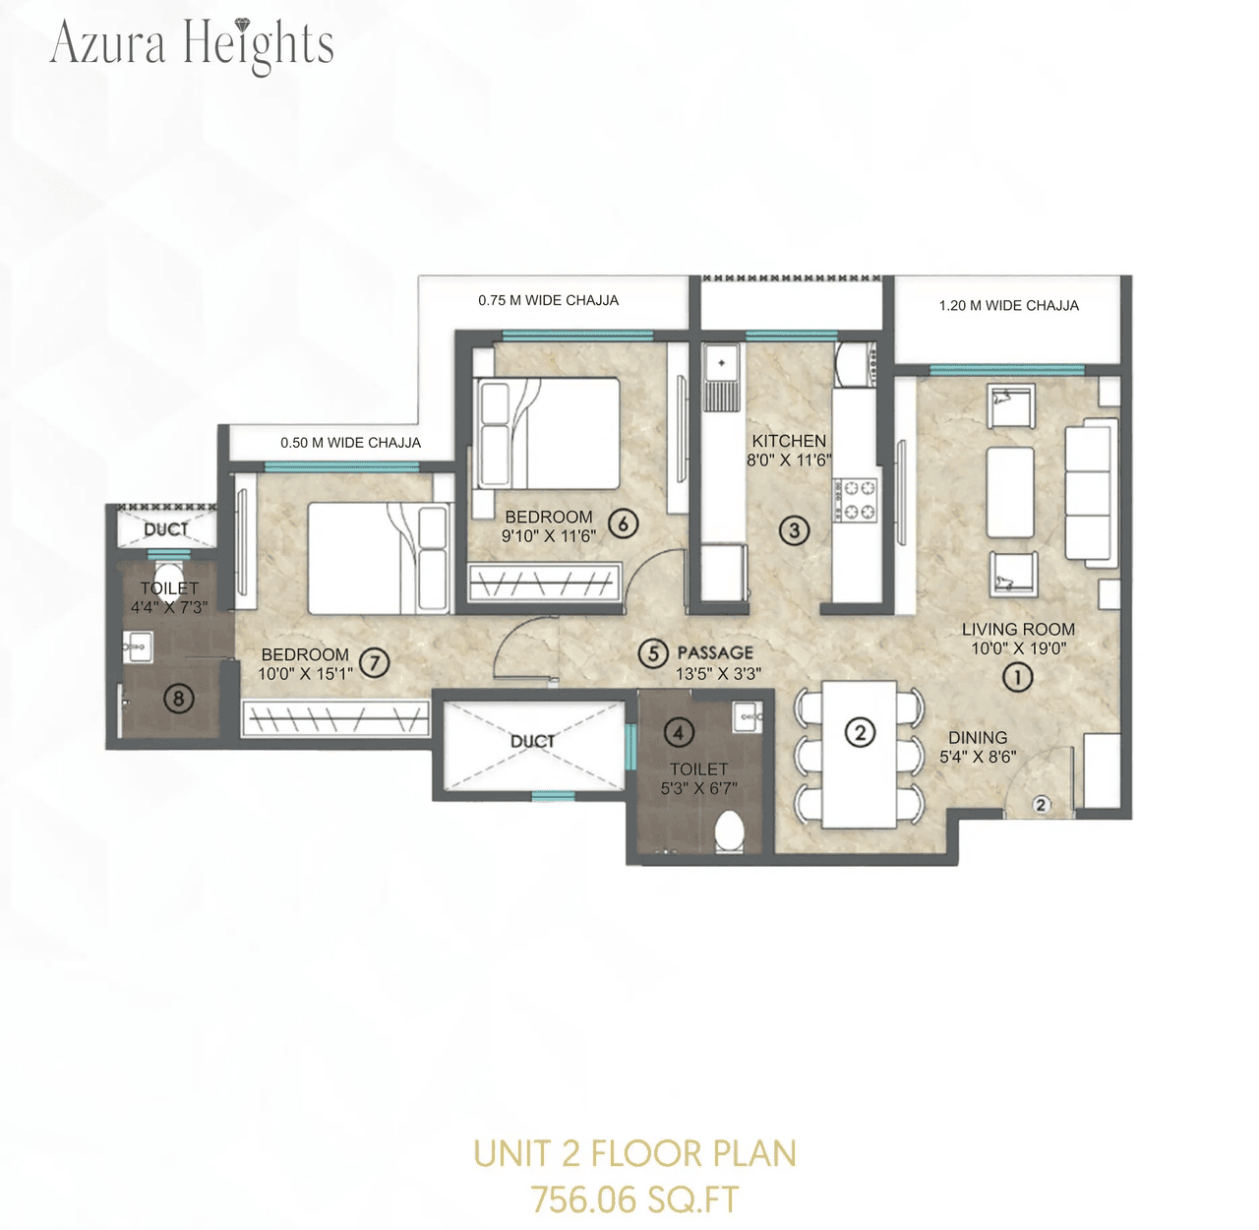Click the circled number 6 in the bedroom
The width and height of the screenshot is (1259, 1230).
(x=623, y=523)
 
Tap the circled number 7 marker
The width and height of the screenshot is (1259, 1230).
(x=374, y=662)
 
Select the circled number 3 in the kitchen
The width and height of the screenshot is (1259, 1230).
(x=794, y=530)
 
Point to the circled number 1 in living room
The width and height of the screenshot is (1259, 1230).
(x=1017, y=676)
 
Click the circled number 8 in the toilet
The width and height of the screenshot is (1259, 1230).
(x=178, y=699)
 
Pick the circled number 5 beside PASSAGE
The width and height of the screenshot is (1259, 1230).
(x=652, y=652)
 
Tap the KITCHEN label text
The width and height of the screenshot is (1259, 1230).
(x=789, y=441)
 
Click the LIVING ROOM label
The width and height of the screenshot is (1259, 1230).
(x=1018, y=629)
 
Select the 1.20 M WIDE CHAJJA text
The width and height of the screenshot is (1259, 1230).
(x=1008, y=306)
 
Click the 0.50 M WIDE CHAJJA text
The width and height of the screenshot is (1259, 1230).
(x=350, y=443)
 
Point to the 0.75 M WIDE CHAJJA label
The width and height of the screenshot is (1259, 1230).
(x=548, y=300)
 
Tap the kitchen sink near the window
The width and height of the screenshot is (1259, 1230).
(x=722, y=376)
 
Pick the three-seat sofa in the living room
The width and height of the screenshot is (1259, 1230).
(x=1092, y=492)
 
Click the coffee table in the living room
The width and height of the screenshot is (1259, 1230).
(x=1010, y=492)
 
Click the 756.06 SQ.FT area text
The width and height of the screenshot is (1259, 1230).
(x=634, y=1200)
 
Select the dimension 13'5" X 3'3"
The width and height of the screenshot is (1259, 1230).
(x=718, y=674)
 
